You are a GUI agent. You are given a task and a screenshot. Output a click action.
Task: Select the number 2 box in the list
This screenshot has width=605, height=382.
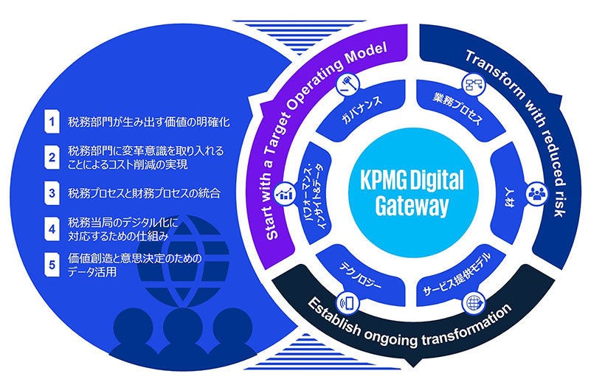click(51, 156)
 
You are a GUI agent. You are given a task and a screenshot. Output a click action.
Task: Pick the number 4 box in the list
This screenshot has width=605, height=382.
click(51, 227)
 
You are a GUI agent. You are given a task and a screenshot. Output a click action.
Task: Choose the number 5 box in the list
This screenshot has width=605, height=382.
click(51, 264)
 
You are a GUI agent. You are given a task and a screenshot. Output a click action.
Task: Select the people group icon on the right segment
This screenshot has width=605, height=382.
click(534, 194)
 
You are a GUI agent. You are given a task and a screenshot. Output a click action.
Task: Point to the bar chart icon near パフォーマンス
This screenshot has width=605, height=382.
click(284, 194)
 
